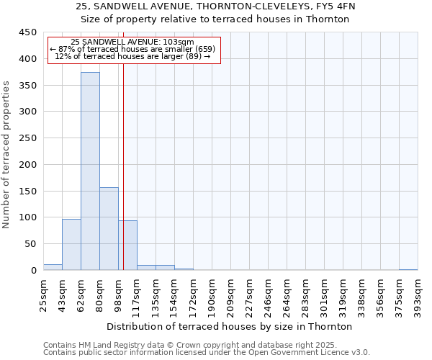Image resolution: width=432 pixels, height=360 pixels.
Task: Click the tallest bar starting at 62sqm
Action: click(90, 171)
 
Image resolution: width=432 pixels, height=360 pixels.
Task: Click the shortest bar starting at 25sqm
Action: click(53, 267)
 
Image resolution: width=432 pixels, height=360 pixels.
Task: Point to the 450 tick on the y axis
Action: click(28, 32)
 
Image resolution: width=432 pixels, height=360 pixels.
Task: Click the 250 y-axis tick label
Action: click(28, 138)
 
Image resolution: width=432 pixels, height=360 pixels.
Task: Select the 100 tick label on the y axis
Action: click(28, 217)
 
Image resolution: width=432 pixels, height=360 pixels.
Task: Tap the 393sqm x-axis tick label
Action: click(418, 294)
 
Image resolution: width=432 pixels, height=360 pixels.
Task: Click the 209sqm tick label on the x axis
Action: click(231, 294)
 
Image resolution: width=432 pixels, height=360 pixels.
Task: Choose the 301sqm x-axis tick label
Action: click(325, 294)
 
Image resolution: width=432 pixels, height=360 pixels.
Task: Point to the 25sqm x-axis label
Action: click(44, 294)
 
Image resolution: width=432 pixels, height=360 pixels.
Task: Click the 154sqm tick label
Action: click(175, 294)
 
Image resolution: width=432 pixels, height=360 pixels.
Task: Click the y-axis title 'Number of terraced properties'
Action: click(6, 154)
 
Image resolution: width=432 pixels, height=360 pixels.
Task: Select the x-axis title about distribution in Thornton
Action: click(230, 326)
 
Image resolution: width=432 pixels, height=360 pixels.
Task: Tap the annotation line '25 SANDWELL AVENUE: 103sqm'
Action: click(132, 42)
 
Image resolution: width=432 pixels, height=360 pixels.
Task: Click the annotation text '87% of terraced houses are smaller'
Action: click(132, 49)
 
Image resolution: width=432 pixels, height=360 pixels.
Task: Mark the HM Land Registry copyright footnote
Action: click(205, 346)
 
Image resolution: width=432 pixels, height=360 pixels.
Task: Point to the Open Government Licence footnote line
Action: click(207, 353)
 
